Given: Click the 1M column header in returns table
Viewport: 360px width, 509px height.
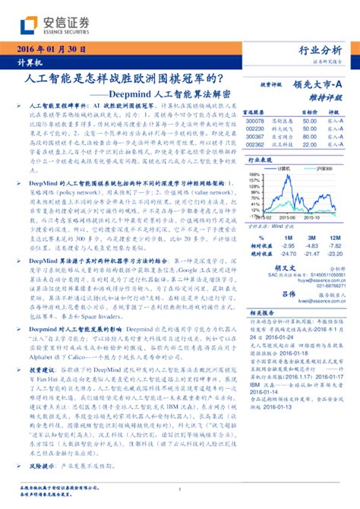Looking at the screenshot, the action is point(288,238).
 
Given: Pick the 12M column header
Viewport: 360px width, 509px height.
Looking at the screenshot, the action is point(334,238).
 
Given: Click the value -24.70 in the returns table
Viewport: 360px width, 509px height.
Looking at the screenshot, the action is point(288,254).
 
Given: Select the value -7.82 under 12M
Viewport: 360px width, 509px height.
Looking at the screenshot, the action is point(334,246).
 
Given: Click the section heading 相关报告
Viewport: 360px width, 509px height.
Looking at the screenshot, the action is point(266,313).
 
